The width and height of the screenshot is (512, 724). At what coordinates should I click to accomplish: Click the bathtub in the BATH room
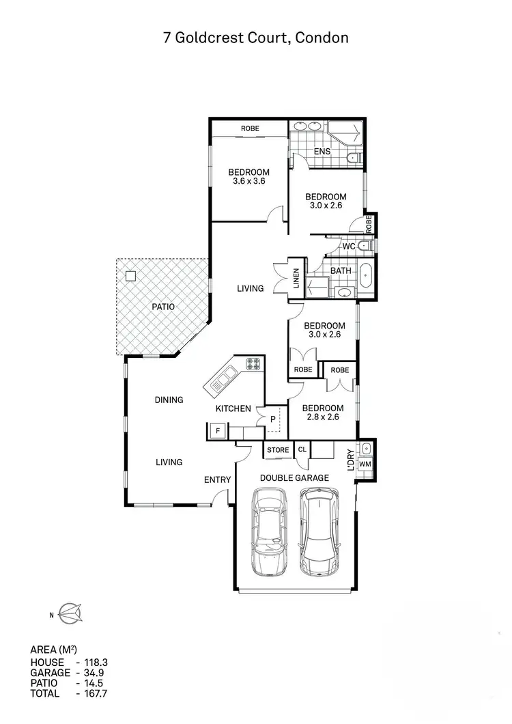tap(366, 275)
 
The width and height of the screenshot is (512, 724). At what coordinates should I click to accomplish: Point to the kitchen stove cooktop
tap(253, 365)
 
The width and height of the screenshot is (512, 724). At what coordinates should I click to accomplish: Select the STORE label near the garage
tap(278, 450)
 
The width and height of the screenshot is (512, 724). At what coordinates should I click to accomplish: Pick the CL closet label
tap(302, 450)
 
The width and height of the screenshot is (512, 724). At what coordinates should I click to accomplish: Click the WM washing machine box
tap(365, 464)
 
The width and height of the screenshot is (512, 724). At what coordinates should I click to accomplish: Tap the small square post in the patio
tap(130, 277)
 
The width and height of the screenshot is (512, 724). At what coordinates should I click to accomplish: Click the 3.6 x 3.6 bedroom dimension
tap(248, 182)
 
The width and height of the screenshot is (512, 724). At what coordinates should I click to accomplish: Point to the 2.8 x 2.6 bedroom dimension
tap(324, 418)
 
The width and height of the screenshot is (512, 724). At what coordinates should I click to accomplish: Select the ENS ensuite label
tap(322, 152)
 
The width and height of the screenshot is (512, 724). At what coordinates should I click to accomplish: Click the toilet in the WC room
tap(365, 246)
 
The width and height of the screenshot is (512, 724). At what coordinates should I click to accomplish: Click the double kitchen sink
tap(224, 378)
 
